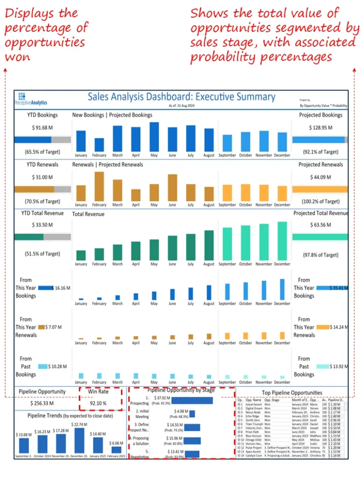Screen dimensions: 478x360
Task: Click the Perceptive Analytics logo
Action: click(x=34, y=98)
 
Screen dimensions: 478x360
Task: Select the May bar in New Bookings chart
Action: click(x=154, y=137)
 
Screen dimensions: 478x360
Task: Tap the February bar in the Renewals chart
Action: click(x=99, y=186)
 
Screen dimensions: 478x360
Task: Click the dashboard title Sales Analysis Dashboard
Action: click(x=181, y=97)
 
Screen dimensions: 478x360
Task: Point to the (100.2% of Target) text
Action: click(x=320, y=202)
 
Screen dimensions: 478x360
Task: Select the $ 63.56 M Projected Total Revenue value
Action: click(x=320, y=226)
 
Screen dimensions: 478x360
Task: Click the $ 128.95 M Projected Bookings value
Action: click(x=320, y=127)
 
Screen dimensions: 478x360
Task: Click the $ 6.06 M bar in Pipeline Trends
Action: click(x=116, y=450)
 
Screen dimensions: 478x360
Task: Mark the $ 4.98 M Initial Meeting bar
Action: click(x=192, y=414)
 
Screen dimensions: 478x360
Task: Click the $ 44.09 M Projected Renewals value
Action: click(x=320, y=177)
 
